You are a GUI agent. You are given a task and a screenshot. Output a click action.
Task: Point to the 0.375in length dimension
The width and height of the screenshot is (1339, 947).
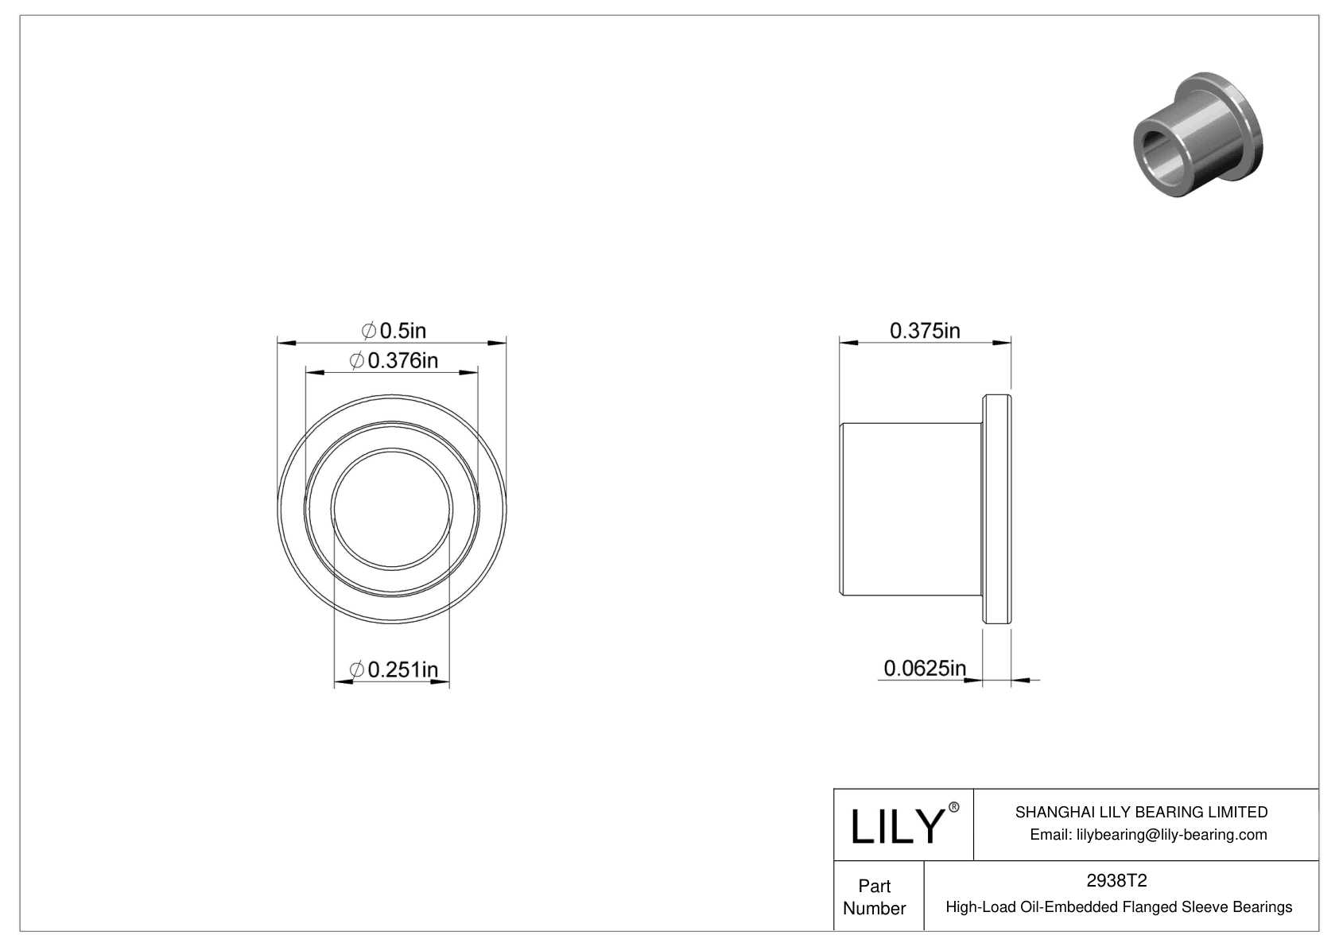tap(925, 330)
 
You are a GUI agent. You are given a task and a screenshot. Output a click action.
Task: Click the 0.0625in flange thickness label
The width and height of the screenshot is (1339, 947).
tap(925, 668)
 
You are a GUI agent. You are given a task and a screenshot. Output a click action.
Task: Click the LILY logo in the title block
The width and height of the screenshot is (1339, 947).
tap(896, 827)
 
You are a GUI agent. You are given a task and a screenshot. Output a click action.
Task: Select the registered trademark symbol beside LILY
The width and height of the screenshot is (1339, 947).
tap(954, 807)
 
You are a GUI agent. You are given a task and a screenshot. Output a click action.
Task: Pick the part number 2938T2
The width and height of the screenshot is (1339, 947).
tap(1118, 881)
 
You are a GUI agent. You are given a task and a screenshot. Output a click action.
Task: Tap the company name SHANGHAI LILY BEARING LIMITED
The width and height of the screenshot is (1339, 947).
tap(1141, 812)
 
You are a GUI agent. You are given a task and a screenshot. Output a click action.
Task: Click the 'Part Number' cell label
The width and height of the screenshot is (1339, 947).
tap(875, 897)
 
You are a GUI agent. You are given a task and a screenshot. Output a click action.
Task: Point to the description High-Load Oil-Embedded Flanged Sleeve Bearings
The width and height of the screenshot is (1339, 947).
tap(1119, 907)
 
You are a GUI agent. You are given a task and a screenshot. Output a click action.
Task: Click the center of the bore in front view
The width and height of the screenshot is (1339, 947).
tap(392, 509)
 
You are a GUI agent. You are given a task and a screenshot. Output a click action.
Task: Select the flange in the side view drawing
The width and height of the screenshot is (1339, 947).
tap(997, 509)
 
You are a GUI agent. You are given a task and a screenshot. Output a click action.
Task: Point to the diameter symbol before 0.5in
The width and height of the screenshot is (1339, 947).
tap(368, 330)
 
